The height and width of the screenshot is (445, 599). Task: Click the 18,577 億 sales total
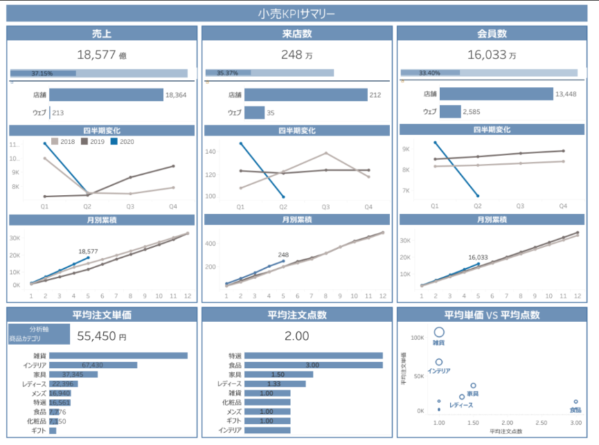pos(101,55)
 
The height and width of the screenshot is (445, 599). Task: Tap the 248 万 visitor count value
pos(297,55)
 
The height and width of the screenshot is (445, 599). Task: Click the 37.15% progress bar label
pos(42,73)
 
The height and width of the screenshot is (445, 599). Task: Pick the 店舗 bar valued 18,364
pos(106,95)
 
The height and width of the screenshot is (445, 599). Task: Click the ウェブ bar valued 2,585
pos(450,111)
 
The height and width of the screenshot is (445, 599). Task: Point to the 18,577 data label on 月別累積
pos(88,251)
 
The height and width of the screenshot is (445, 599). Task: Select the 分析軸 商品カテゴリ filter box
pos(39,334)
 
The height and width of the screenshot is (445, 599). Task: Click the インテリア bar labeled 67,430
pos(93,365)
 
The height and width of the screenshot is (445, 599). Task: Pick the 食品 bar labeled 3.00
pos(313,365)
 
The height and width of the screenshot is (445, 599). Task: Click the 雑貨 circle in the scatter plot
pos(438,333)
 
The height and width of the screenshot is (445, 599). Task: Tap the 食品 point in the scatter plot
pos(575,401)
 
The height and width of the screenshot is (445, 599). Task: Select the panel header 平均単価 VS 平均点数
pos(492,315)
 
